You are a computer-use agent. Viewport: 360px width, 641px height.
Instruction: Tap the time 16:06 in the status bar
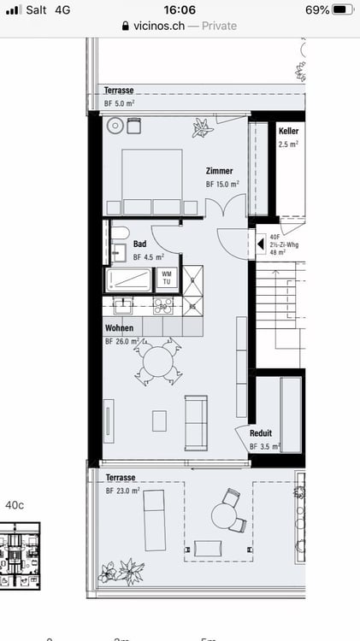[x=180, y=9]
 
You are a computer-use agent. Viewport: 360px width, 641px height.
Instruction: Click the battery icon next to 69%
[x=343, y=9]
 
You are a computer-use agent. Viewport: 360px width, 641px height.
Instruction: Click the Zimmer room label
[x=219, y=171]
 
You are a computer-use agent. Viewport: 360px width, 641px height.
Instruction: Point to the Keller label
[x=288, y=131]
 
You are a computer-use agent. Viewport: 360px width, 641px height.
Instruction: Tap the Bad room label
[x=139, y=244]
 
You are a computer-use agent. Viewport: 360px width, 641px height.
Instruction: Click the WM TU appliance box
[x=166, y=278]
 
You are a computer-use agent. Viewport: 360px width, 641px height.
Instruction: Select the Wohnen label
[x=119, y=328]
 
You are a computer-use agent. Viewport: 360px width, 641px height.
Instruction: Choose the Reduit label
[x=261, y=433]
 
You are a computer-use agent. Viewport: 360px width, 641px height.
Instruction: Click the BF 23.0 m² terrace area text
[x=122, y=491]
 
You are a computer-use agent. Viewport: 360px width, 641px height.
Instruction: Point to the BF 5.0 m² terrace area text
[x=120, y=103]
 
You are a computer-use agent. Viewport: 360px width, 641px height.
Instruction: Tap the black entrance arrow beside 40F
[x=261, y=244]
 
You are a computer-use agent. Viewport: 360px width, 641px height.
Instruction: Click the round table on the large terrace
[x=224, y=516]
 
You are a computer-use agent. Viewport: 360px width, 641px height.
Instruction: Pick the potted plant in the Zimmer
[x=202, y=128]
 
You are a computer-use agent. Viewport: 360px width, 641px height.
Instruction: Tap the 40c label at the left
[x=15, y=505]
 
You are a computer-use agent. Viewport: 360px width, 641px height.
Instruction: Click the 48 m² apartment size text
[x=278, y=253]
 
